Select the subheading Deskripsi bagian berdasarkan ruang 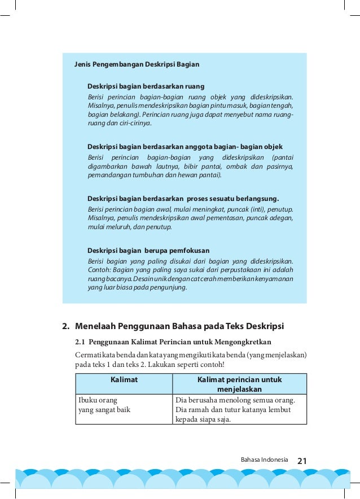pos(146,86)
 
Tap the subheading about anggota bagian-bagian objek pos(185,147)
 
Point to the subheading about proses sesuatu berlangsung pos(183,199)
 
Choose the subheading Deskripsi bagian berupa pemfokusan pos(148,250)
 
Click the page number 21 pos(301,461)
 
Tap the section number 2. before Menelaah pos(65,326)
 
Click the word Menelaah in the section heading pos(95,326)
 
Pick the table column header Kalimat pos(124,380)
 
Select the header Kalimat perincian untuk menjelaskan pos(239,384)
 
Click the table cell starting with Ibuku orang pos(104,405)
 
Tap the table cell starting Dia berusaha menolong pos(239,409)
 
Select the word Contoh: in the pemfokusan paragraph pos(99,269)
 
